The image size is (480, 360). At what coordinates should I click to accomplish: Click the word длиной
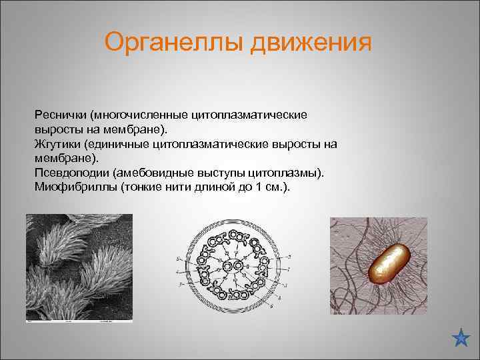(210, 187)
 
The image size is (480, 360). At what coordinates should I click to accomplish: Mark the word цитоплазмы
(288, 173)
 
